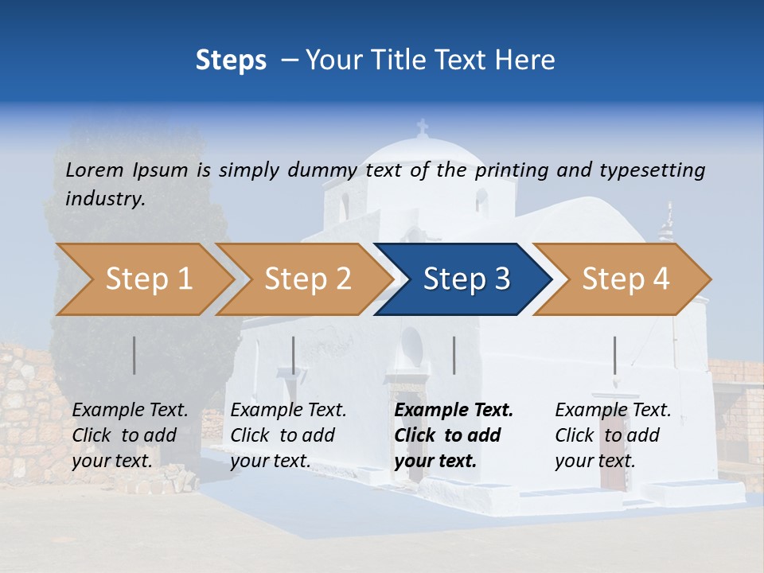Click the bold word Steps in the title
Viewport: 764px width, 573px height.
[x=231, y=60]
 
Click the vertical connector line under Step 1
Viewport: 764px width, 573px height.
[x=134, y=355]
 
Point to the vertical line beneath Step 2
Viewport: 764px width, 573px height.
[x=294, y=355]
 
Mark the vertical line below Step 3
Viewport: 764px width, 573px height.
[x=454, y=355]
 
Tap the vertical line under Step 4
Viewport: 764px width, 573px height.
[x=614, y=355]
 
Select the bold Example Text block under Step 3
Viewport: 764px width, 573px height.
[x=454, y=435]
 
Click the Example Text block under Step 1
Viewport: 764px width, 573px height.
[x=130, y=435]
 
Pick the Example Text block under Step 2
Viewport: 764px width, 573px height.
[x=288, y=435]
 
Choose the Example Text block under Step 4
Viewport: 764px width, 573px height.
[x=613, y=435]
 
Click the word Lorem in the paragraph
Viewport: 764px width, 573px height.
[x=95, y=170]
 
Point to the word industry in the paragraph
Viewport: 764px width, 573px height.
[x=105, y=199]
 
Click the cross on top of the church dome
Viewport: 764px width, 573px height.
[x=422, y=127]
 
